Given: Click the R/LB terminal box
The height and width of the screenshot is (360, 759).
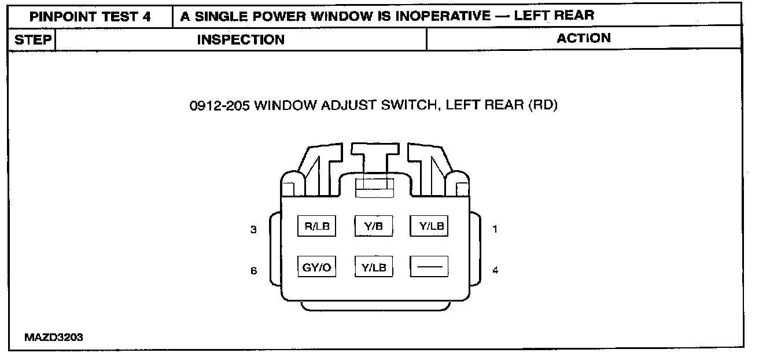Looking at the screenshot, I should [x=316, y=226].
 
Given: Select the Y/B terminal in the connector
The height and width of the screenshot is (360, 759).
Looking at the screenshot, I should [x=373, y=226].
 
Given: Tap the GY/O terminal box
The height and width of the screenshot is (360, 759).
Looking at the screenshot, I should [x=316, y=267].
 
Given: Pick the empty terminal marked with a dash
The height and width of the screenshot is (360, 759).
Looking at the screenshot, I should [x=429, y=267].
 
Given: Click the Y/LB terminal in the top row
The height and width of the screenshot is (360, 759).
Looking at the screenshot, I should [x=429, y=226].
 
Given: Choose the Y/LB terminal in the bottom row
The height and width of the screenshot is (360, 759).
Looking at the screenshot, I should [x=373, y=267].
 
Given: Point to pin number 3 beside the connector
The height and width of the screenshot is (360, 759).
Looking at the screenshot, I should [x=253, y=230].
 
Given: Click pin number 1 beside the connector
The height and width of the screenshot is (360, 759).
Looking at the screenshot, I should [x=495, y=229].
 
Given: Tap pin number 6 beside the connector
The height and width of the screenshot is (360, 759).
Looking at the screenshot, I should [x=253, y=270].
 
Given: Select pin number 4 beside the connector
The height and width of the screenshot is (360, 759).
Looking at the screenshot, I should [x=495, y=270].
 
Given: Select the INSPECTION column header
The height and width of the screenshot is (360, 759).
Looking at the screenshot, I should [x=241, y=40].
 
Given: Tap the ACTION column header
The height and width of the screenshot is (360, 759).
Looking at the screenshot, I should [x=584, y=38].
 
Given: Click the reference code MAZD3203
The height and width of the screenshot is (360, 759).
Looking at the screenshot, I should [x=54, y=337].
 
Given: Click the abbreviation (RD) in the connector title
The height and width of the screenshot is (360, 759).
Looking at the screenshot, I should [x=543, y=106].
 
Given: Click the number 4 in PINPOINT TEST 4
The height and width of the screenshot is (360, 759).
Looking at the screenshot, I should [x=147, y=16].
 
